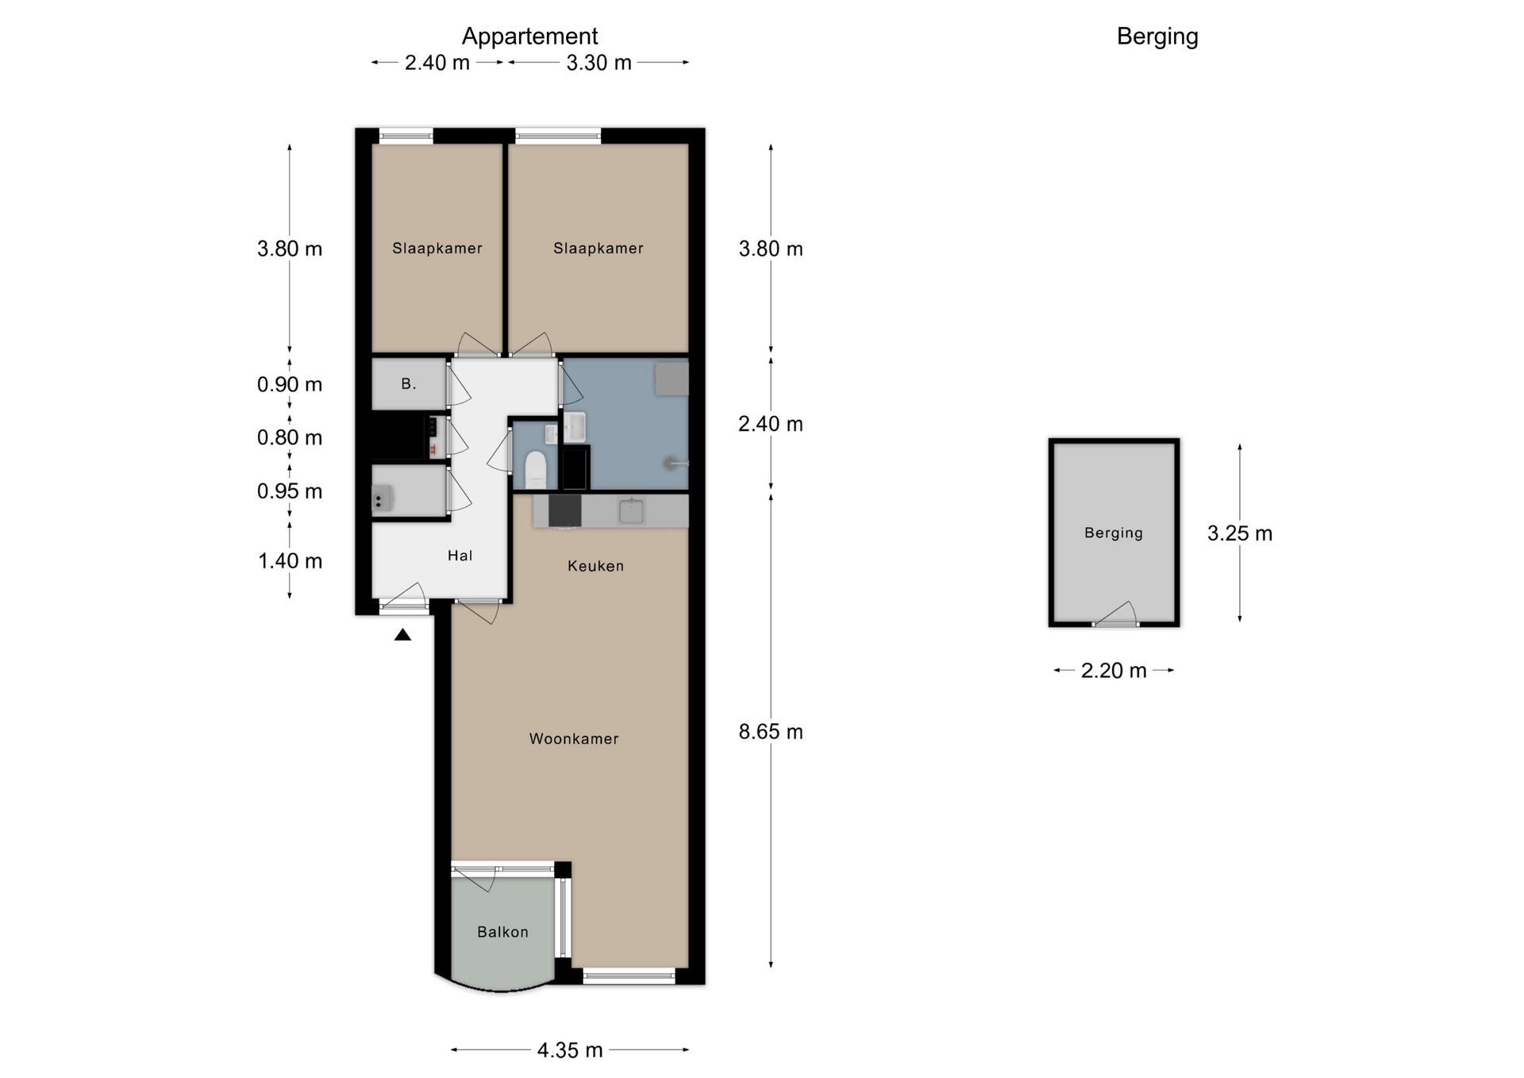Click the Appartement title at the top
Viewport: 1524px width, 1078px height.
529,37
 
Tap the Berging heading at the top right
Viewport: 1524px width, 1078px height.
1157,37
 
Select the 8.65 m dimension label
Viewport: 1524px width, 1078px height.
770,731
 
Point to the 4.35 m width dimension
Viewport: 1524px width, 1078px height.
570,1050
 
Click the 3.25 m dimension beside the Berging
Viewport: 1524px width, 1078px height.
1239,533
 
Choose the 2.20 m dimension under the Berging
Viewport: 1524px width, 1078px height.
1114,671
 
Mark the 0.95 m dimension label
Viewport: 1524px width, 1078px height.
290,491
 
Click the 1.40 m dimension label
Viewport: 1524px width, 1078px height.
290,561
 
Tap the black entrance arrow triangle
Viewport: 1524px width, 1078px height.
403,634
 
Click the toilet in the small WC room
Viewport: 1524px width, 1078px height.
537,470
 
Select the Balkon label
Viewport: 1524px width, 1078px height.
502,932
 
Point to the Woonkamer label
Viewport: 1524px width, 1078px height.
574,739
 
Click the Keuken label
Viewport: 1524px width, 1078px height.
595,566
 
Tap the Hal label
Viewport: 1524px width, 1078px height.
460,556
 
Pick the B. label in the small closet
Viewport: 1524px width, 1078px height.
408,384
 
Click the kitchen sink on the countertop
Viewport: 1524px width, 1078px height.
631,510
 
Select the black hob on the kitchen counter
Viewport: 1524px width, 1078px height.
564,510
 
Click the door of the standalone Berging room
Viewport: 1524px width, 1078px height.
1115,614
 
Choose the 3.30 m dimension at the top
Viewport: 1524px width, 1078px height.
598,63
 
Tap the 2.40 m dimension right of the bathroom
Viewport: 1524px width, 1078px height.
770,424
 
